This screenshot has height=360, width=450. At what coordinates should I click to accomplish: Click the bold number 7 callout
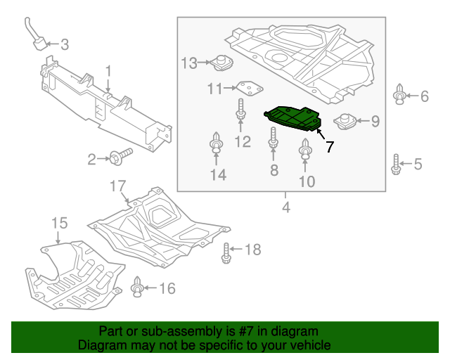click(328, 147)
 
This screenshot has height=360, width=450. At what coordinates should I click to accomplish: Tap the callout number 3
click(65, 46)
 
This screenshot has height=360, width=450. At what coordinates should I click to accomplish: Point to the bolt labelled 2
click(121, 157)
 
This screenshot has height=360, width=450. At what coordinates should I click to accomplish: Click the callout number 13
click(189, 63)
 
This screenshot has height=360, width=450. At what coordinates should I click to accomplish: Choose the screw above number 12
click(240, 110)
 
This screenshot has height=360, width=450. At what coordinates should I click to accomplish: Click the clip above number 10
click(306, 148)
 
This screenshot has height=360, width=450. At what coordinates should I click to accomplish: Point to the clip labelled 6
click(399, 95)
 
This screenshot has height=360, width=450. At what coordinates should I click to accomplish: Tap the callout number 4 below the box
click(286, 207)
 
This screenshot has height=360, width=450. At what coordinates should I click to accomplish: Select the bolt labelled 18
click(226, 252)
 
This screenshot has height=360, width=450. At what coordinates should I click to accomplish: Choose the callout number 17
click(117, 186)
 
